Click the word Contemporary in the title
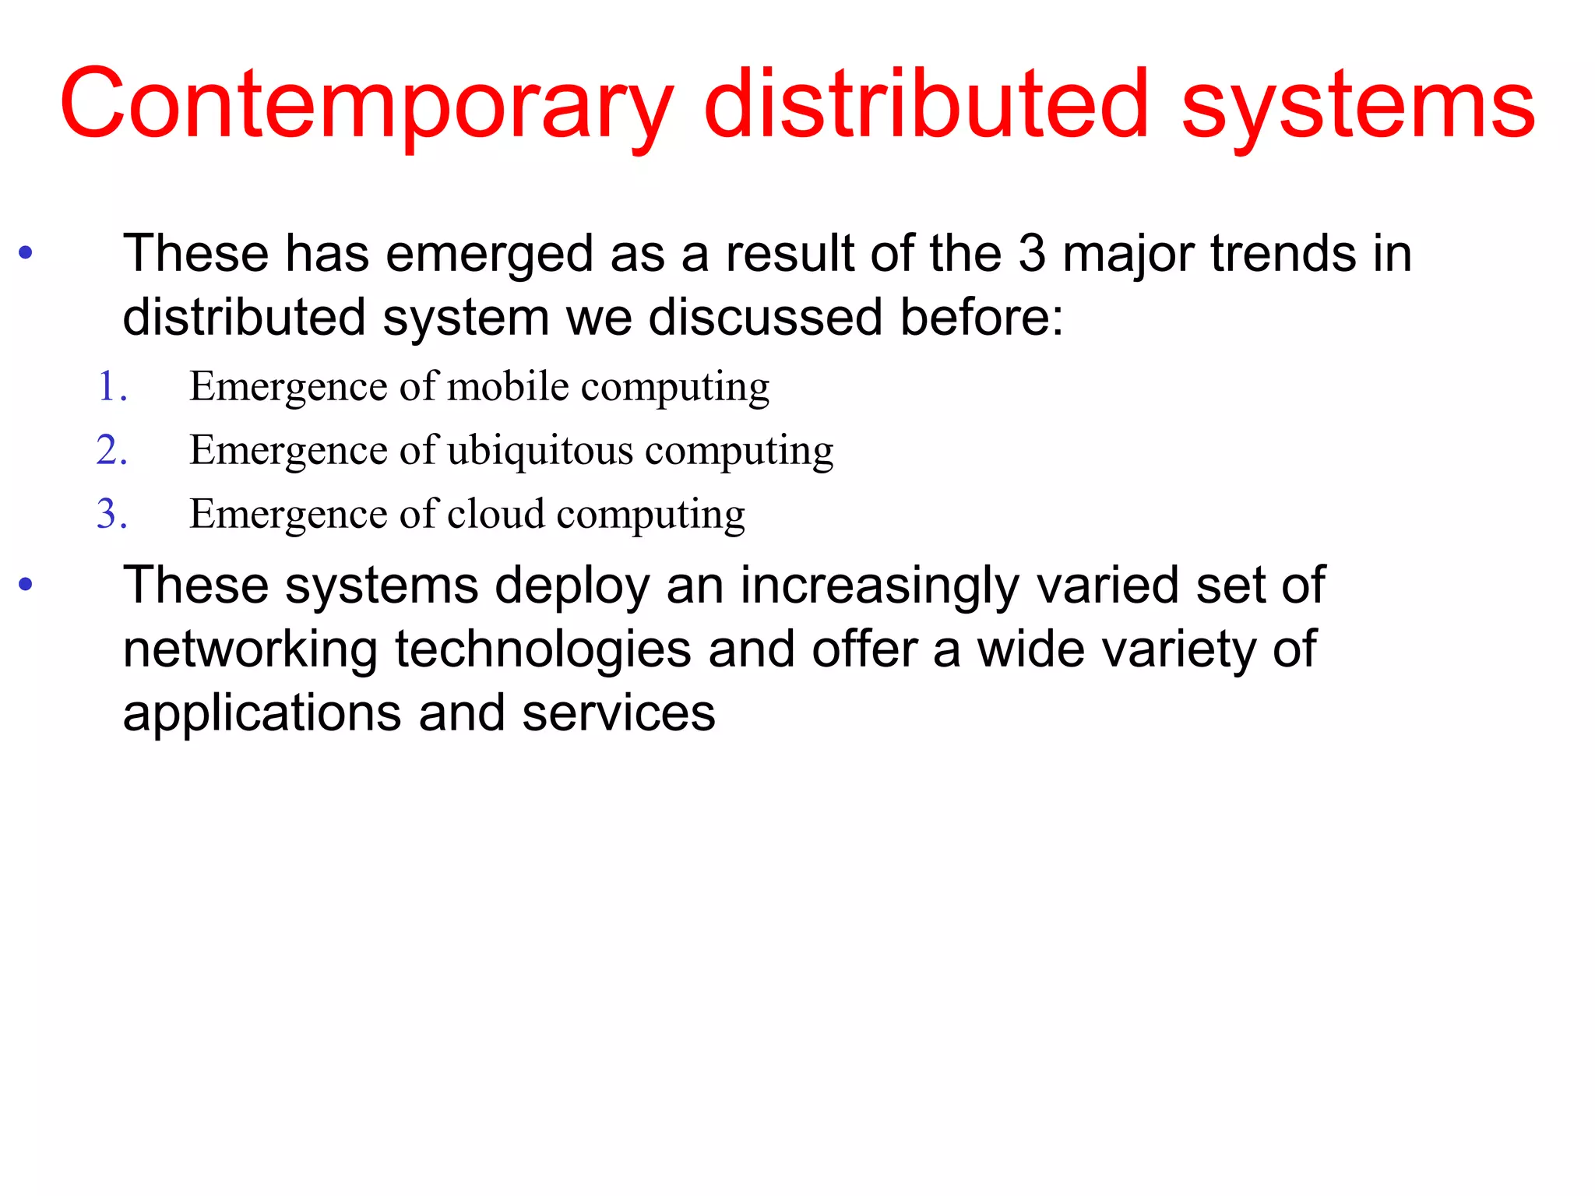(x=366, y=105)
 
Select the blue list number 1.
(x=112, y=387)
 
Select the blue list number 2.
(x=112, y=451)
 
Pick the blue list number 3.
(x=112, y=515)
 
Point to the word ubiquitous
(x=540, y=450)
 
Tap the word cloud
(x=496, y=514)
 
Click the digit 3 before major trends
(x=1032, y=254)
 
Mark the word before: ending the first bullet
(x=982, y=318)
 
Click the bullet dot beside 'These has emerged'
(x=26, y=252)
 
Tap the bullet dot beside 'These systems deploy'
(x=26, y=584)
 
